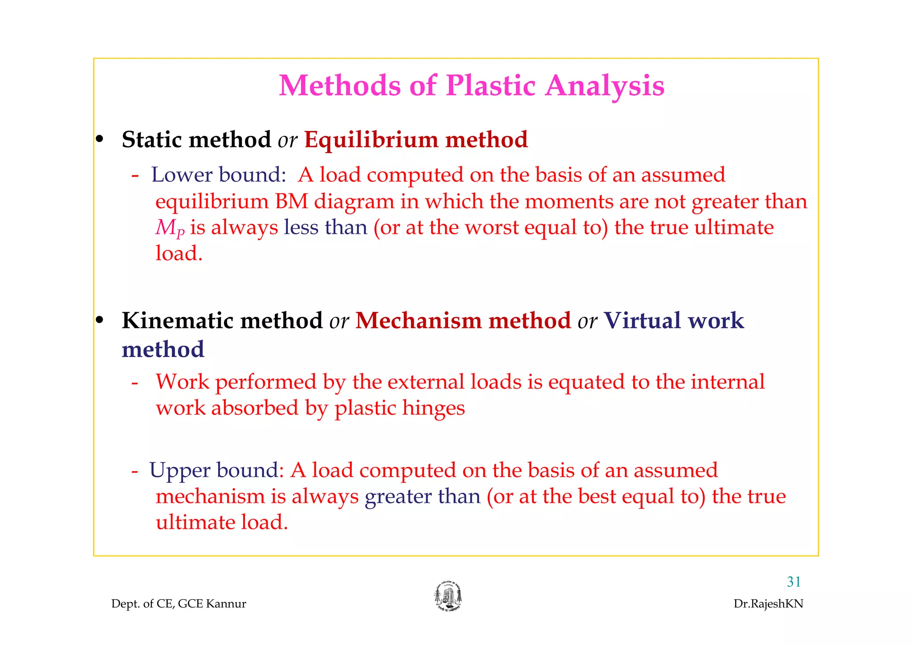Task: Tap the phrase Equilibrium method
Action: tap(416, 140)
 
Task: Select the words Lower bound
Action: tap(218, 175)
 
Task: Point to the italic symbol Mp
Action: tap(170, 228)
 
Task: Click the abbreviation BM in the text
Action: tap(292, 202)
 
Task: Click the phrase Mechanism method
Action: tap(463, 321)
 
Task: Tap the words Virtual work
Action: tap(674, 321)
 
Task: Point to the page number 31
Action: tap(794, 582)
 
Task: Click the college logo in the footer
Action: tap(448, 596)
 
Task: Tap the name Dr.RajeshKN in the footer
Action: tap(768, 604)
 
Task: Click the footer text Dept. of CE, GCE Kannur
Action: tap(179, 604)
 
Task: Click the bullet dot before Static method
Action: tap(100, 139)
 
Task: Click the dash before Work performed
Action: tap(135, 383)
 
